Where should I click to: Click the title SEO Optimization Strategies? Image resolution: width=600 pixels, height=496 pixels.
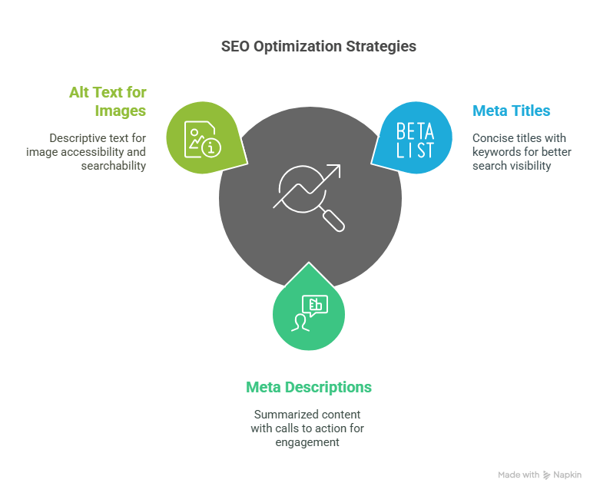pos(319,46)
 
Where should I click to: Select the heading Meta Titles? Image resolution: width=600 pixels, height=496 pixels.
pos(511,111)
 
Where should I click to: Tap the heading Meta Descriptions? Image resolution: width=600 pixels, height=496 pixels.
pos(309,387)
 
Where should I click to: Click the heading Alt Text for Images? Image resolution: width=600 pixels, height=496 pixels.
pos(108,101)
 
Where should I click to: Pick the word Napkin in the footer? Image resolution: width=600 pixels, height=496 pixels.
pos(569,475)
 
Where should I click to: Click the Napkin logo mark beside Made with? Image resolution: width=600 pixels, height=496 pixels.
pos(547,475)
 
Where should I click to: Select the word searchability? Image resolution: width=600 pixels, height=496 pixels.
pos(113,165)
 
